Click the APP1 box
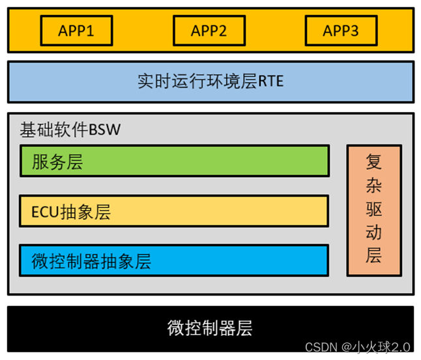tap(76, 31)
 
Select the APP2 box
tap(209, 31)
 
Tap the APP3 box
tap(341, 31)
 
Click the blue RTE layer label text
tap(210, 82)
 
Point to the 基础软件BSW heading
tap(70, 130)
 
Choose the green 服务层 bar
tap(174, 161)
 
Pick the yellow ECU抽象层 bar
tap(174, 211)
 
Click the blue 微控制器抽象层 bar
tap(174, 261)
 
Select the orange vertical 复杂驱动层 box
tap(373, 210)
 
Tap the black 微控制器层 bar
tap(210, 326)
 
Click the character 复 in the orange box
tap(373, 162)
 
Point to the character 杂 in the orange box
tap(373, 186)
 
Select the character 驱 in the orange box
tap(373, 209)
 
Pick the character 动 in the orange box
tap(373, 232)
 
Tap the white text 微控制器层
tap(210, 327)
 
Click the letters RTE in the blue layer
tap(270, 82)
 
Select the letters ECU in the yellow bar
tap(44, 212)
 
